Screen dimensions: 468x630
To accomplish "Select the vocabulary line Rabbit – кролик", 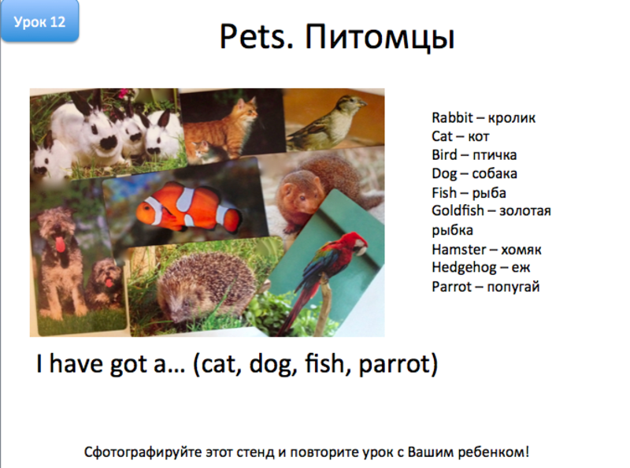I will (483, 118).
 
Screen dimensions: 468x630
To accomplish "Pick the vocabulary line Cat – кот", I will (460, 136).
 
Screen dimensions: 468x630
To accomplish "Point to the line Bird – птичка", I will (473, 155).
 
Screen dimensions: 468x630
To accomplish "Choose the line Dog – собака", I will (474, 174).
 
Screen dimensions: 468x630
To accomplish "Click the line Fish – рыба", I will (469, 193).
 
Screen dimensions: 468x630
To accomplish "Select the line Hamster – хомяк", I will (486, 250).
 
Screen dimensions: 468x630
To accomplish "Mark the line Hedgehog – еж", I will (480, 268).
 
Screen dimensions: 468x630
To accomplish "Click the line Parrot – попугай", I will (485, 287).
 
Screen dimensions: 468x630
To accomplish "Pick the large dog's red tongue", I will (60, 244).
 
